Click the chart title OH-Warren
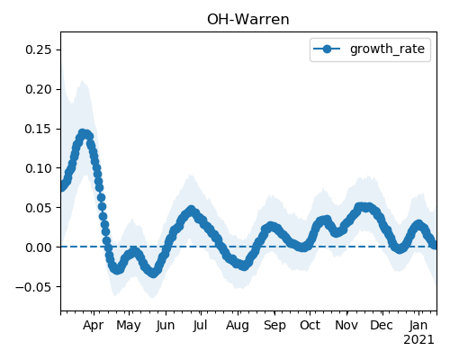tap(248, 20)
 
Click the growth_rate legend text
tap(387, 49)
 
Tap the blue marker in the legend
tap(327, 49)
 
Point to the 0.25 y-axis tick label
tap(39, 49)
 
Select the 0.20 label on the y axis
tap(39, 89)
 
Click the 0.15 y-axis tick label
tap(39, 129)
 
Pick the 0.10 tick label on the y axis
tap(39, 168)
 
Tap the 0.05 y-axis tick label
tap(39, 208)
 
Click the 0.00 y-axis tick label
tap(39, 247)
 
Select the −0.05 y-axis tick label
tap(34, 287)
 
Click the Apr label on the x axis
tap(94, 325)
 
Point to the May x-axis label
tap(129, 326)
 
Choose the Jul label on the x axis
tap(200, 325)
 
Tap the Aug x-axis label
tap(238, 326)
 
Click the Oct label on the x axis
tap(310, 325)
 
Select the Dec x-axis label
tap(382, 325)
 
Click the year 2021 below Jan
tap(418, 340)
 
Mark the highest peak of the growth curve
tap(83, 133)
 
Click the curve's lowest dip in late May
tap(153, 274)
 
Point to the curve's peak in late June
tap(191, 210)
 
